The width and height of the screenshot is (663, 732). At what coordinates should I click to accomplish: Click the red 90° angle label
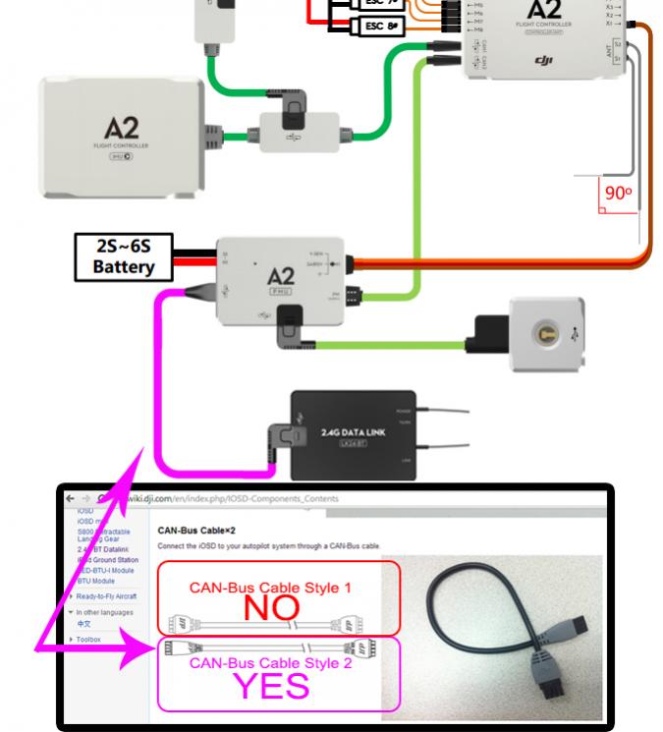click(618, 194)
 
